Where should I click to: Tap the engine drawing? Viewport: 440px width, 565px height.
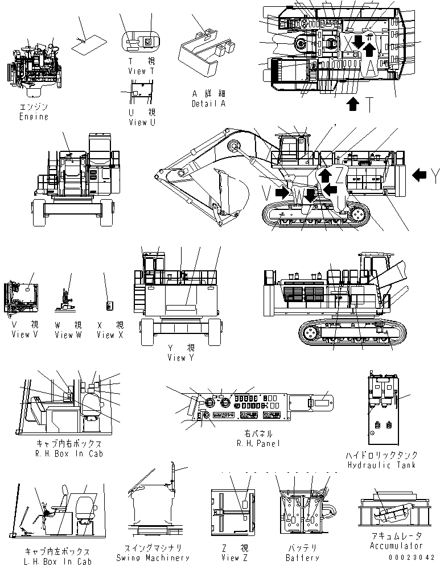(34, 65)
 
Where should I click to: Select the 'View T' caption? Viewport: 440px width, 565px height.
(141, 72)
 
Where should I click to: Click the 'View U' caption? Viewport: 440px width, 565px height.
(141, 122)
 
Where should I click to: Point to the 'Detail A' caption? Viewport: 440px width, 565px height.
(208, 104)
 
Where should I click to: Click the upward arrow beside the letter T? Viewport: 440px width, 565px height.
(353, 103)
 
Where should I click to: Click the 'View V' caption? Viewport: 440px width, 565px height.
(24, 335)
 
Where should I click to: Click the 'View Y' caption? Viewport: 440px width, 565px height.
(180, 357)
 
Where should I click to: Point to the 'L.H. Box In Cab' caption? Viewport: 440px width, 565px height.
(58, 561)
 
